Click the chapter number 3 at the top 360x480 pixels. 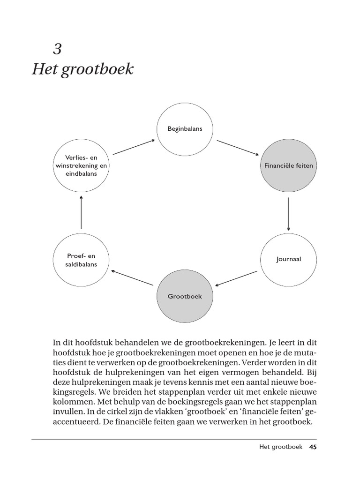[x=57, y=49]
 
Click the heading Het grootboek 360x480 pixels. [x=83, y=69]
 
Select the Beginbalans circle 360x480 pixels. [x=185, y=128]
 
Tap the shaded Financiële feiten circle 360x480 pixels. [x=288, y=166]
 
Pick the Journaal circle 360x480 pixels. [x=288, y=259]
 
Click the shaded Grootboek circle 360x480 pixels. [x=185, y=296]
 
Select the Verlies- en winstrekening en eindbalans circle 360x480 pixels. [x=81, y=166]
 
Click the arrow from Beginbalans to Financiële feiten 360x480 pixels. [x=238, y=147]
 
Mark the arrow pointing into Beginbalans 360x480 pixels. [x=134, y=146]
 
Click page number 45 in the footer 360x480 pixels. [x=313, y=447]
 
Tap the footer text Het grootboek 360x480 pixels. [x=281, y=447]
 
